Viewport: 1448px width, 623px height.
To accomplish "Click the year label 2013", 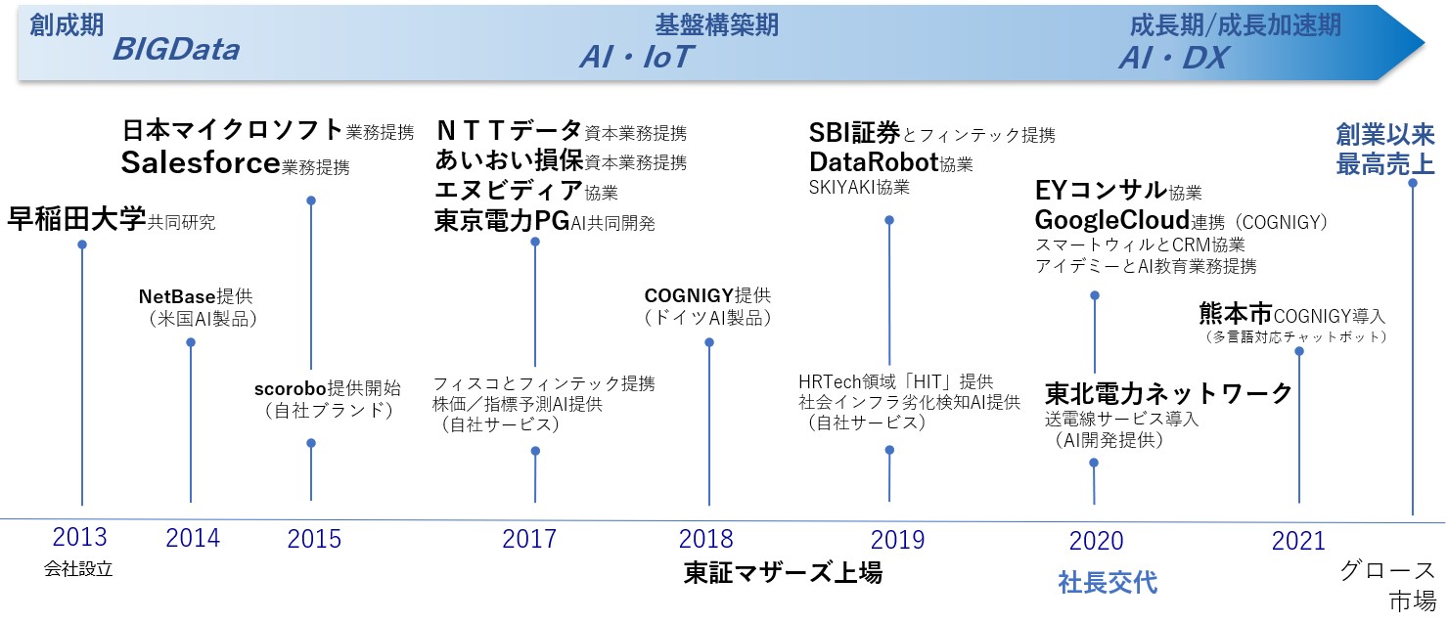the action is [x=79, y=537].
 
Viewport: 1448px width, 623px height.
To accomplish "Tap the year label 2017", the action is [x=528, y=539].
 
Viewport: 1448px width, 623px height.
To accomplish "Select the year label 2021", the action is [x=1298, y=541].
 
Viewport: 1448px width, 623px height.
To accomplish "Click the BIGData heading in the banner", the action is [x=176, y=50].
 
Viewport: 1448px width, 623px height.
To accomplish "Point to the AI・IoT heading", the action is [x=636, y=57].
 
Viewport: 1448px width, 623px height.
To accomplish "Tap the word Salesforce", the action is [x=201, y=162].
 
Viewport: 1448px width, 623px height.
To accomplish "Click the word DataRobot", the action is [x=874, y=161].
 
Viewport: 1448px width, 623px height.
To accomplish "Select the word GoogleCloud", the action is [x=1111, y=220].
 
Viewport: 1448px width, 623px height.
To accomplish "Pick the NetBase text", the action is [x=177, y=296].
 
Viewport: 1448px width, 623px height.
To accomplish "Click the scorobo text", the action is [x=291, y=388].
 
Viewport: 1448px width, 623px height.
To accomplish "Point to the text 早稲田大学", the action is [x=76, y=220].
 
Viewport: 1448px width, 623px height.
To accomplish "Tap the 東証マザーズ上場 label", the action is [x=783, y=572].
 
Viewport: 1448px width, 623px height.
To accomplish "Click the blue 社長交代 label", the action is [x=1108, y=582].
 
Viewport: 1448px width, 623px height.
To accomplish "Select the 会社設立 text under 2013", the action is [x=78, y=568].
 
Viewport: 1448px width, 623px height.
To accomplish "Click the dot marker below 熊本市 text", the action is [x=1299, y=351].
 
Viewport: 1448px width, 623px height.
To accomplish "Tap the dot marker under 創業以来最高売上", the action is [x=1413, y=183].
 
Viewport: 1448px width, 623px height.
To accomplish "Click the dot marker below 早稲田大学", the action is [x=82, y=245].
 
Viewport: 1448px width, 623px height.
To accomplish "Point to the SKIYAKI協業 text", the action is [x=859, y=188].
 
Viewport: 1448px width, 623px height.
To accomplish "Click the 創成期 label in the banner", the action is [x=67, y=25].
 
